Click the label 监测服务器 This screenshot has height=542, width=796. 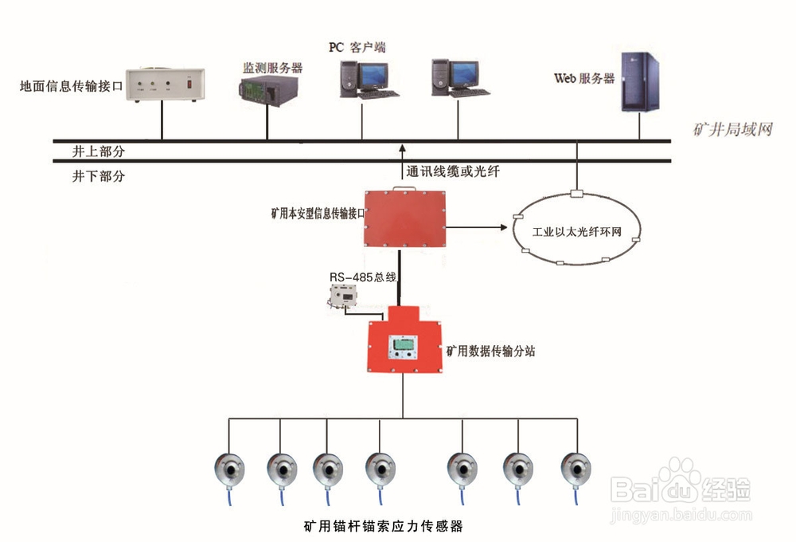[x=272, y=67]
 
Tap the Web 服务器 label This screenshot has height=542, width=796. [x=584, y=78]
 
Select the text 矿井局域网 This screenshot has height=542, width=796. [x=732, y=129]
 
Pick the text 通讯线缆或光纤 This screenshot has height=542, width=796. [x=453, y=171]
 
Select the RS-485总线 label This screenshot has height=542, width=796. [x=363, y=277]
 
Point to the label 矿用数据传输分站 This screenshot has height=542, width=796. [x=490, y=349]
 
